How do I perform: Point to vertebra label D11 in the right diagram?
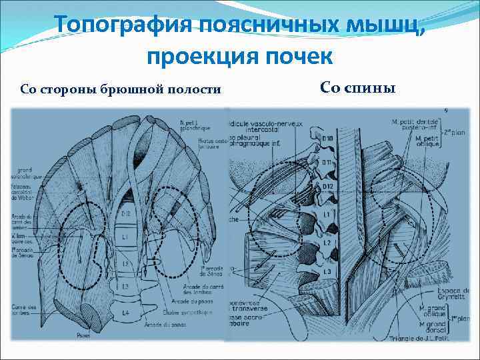[326, 161]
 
